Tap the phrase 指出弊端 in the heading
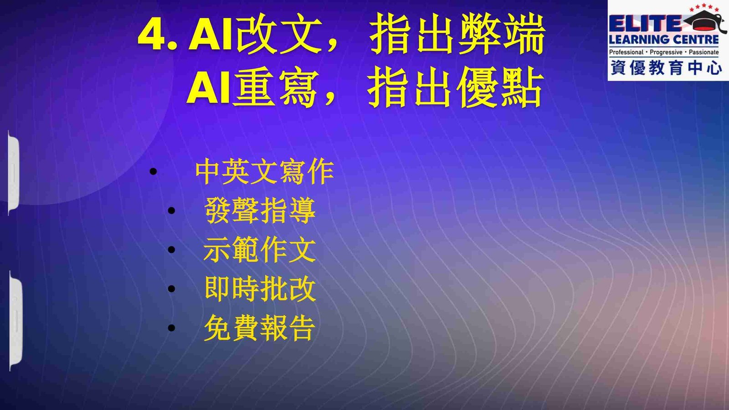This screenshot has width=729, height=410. coord(457,34)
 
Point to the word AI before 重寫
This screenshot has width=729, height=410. coord(208,87)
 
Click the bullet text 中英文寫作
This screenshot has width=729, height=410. coord(265,171)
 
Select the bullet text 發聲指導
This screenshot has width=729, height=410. coord(260,210)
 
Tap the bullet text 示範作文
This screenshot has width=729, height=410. coord(260,250)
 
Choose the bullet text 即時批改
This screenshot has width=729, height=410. coord(260,289)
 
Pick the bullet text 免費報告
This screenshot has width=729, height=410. coord(260,328)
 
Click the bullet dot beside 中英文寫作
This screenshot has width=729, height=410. coord(153,171)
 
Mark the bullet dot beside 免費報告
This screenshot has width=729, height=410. coord(171,328)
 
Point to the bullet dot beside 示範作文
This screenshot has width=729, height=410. coord(171,250)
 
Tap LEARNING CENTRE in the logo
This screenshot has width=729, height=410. coord(664,40)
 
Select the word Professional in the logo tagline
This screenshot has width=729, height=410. coord(626,52)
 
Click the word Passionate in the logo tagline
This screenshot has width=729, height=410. coord(703,52)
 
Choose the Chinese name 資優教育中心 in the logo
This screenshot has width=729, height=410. coord(666,68)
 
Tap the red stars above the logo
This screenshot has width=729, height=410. coord(704,7)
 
